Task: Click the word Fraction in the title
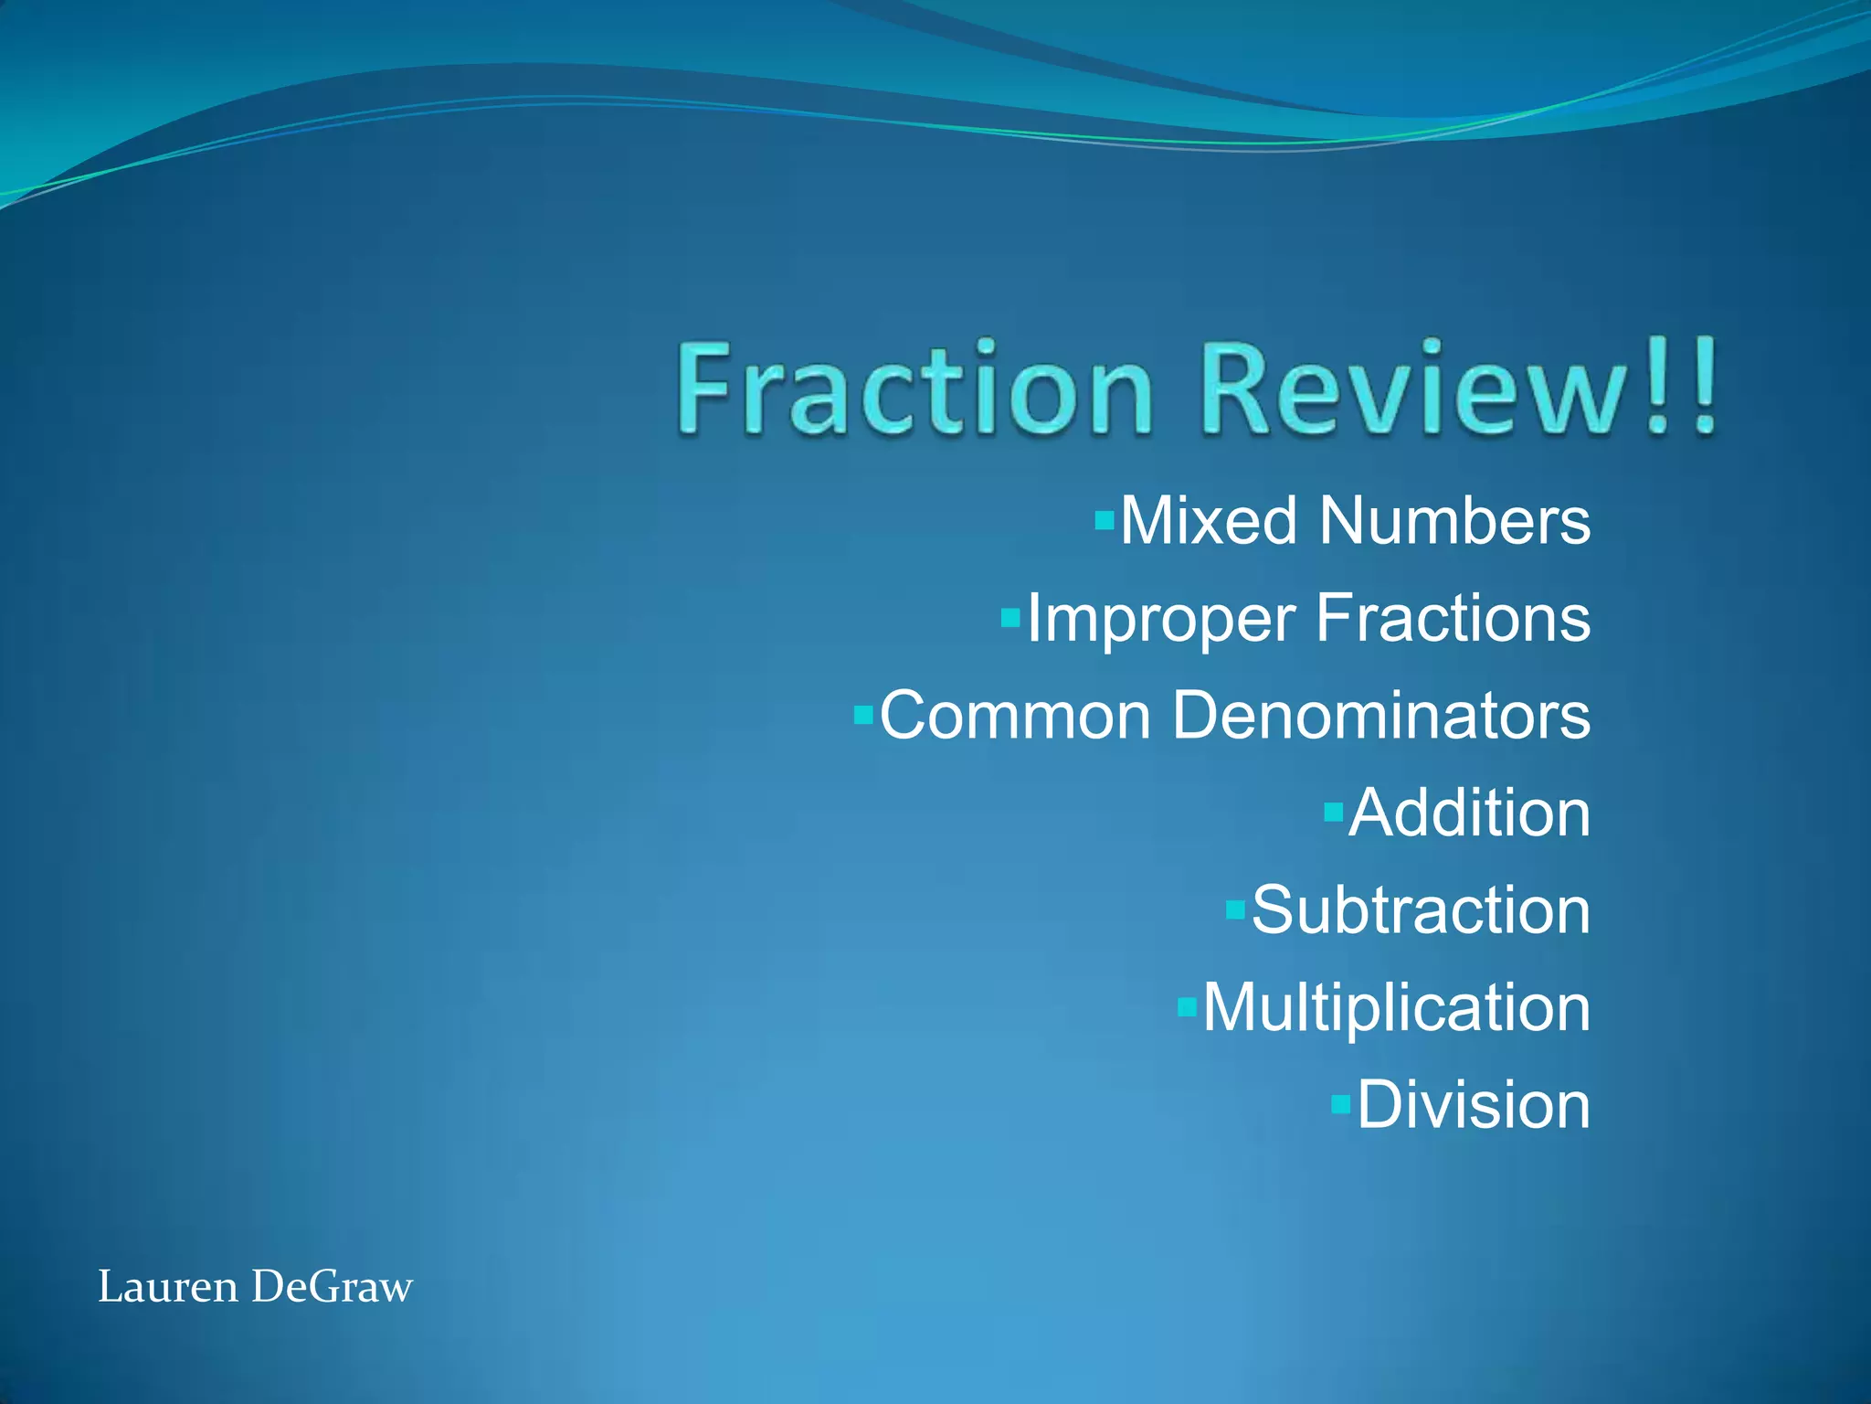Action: (x=914, y=388)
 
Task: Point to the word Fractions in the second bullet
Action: (x=1453, y=619)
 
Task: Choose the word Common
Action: (x=1014, y=716)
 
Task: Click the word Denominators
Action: (x=1380, y=716)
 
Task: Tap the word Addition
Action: (x=1469, y=813)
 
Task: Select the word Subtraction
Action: (x=1421, y=910)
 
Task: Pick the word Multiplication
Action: (x=1396, y=1008)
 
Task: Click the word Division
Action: (x=1473, y=1105)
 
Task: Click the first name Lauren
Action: (x=167, y=1287)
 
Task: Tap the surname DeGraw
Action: (x=332, y=1287)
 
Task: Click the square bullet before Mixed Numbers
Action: (x=1105, y=522)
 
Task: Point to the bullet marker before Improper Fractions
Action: (x=1010, y=619)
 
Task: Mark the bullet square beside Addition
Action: (x=1334, y=812)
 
